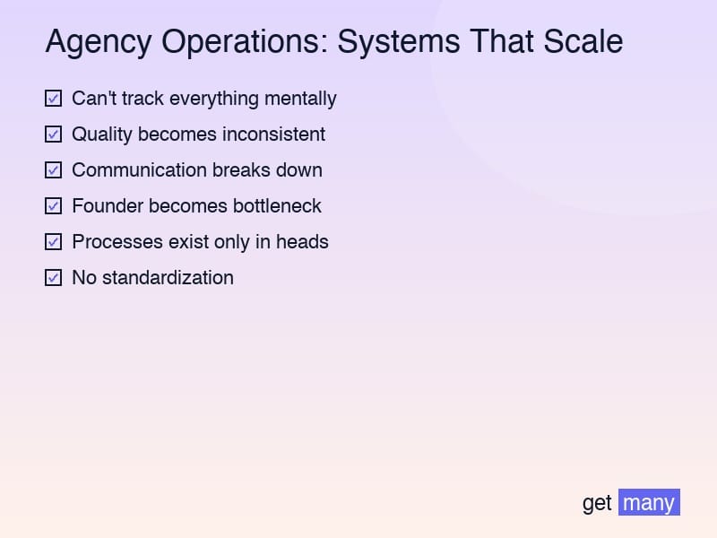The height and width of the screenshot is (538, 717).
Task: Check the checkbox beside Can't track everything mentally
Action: point(54,99)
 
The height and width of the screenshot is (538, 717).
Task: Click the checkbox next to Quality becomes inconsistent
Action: point(54,134)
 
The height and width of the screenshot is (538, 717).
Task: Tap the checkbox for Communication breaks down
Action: point(54,170)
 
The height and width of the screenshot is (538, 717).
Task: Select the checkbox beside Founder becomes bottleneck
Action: point(54,206)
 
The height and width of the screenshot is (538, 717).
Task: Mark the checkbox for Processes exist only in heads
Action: point(54,242)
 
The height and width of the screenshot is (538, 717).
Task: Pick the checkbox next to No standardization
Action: point(54,278)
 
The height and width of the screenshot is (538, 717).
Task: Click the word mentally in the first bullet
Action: point(300,99)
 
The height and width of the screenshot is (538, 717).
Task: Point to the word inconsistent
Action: point(273,134)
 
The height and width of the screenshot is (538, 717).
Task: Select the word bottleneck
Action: point(277,206)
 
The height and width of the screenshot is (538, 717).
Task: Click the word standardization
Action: point(168,278)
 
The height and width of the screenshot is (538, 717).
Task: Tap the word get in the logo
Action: point(597,503)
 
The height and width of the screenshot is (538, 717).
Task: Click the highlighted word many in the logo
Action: point(649,503)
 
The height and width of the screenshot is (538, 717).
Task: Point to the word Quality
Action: point(101,134)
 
